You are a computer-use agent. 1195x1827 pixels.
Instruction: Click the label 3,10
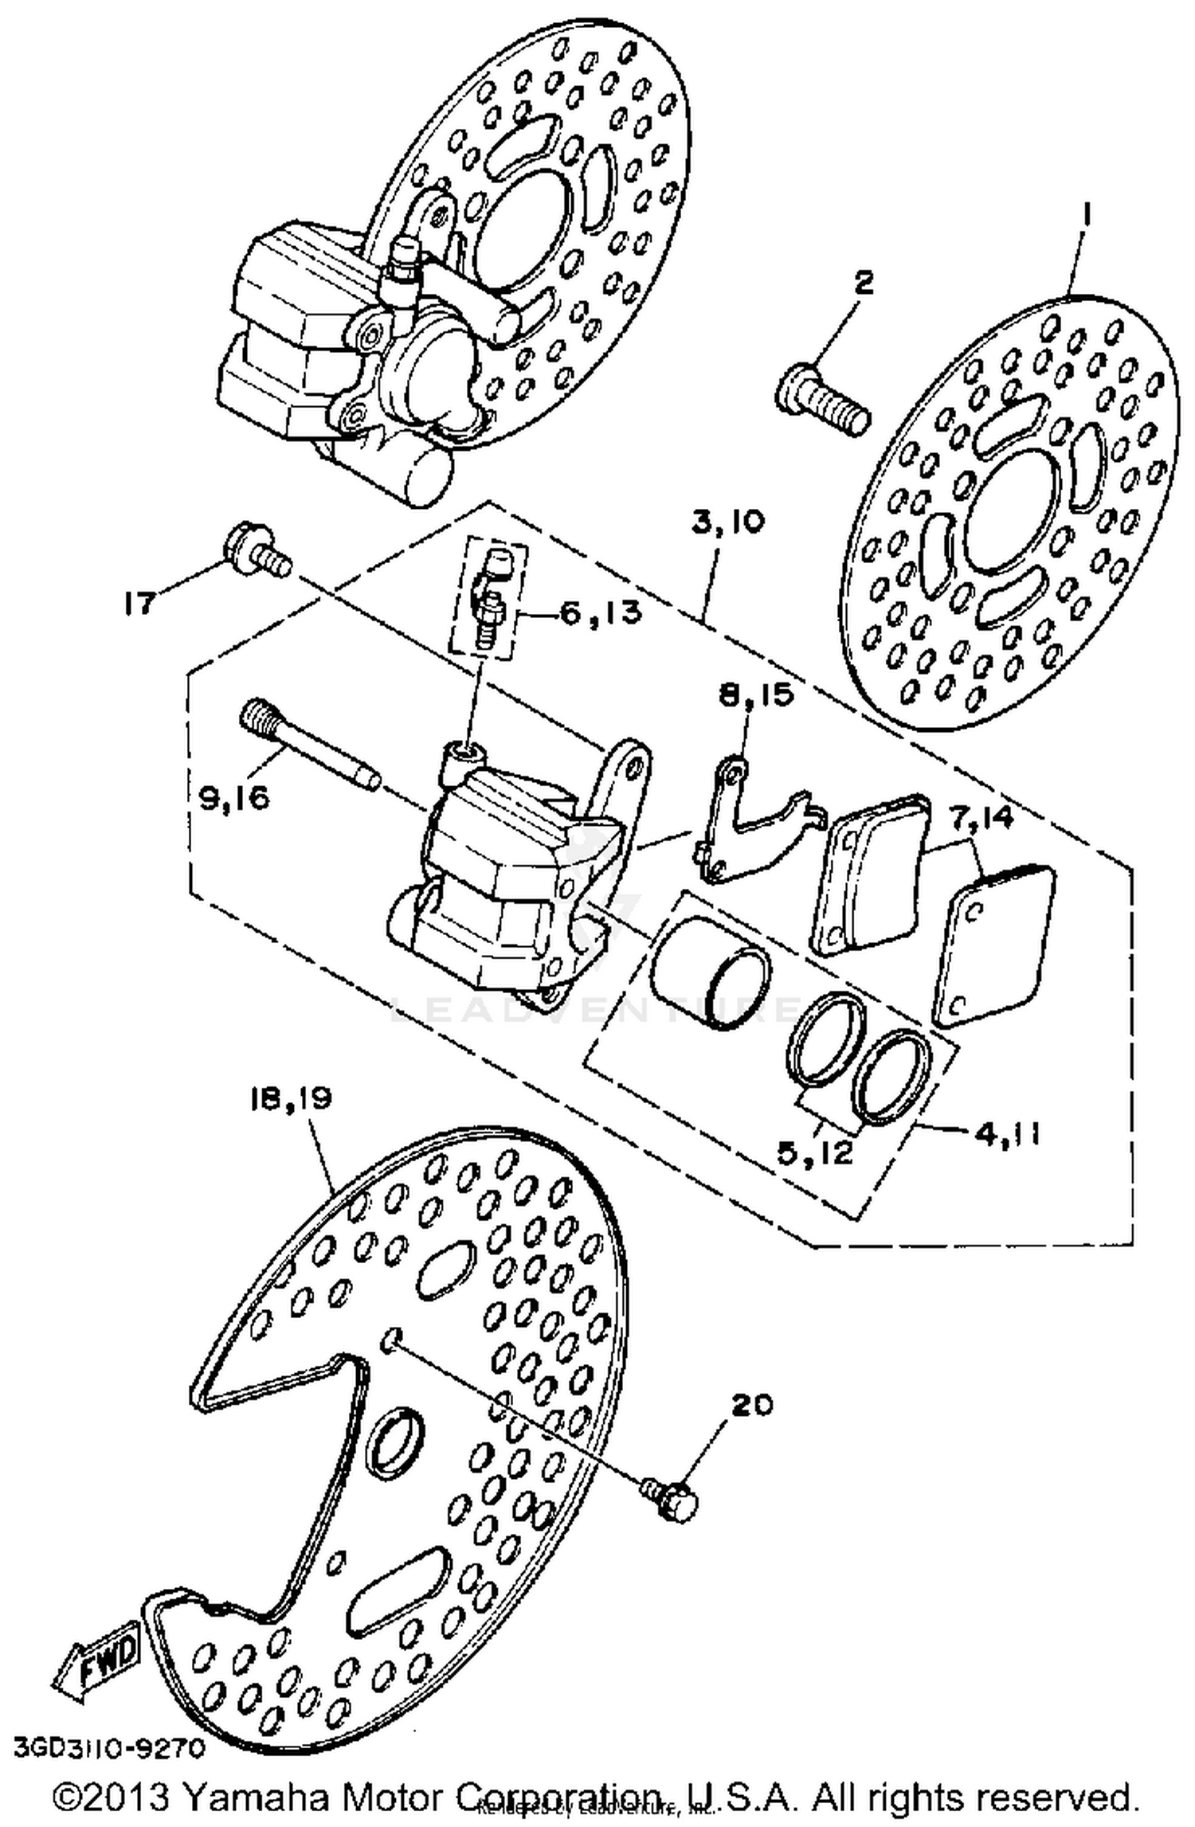coord(728,522)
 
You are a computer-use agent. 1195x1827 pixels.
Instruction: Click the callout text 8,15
coord(756,694)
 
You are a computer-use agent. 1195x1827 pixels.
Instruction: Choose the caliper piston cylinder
coord(709,972)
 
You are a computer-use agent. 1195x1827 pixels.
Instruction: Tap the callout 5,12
coord(814,1152)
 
